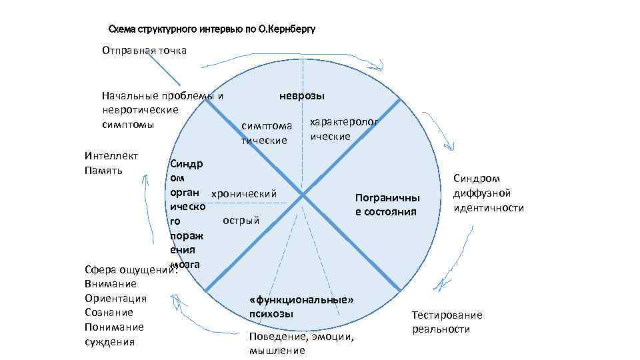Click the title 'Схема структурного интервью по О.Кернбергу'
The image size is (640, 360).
pos(211,29)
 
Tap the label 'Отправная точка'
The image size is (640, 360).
pos(144,51)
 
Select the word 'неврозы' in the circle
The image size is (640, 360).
pos(302,96)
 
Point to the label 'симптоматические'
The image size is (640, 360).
pos(267,133)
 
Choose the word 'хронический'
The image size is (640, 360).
pos(243,193)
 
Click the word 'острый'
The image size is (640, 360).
pos(241,220)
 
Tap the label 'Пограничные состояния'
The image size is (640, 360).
pos(387,205)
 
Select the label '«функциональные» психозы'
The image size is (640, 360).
pos(301,307)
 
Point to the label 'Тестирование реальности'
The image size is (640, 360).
pos(447,322)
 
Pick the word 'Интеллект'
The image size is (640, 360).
pos(111,156)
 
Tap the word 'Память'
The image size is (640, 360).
pos(103,171)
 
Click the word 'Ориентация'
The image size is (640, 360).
pos(115,298)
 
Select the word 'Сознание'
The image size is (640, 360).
pos(109,313)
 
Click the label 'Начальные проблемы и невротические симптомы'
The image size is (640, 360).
pos(160,110)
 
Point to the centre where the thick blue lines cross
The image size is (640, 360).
pos(303,195)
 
